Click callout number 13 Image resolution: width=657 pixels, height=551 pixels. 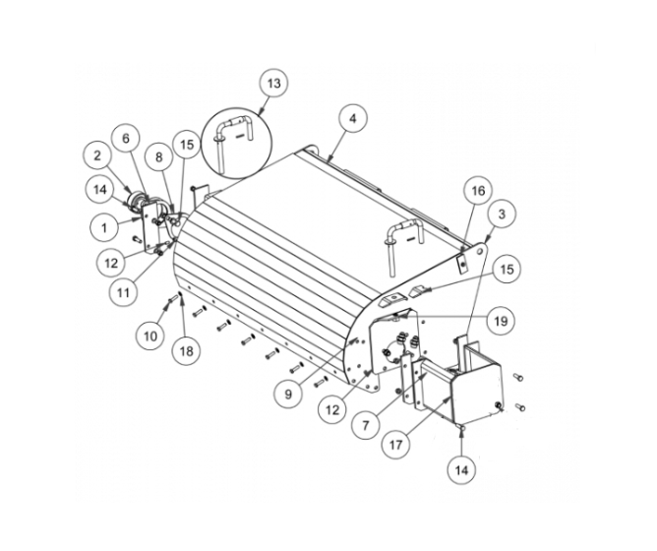pyautogui.click(x=274, y=84)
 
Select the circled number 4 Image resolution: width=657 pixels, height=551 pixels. pyautogui.click(x=351, y=117)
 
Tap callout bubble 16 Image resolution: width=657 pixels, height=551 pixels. pyautogui.click(x=476, y=190)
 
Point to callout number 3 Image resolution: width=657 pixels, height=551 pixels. pyautogui.click(x=502, y=214)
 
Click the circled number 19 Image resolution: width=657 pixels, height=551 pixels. pyautogui.click(x=501, y=320)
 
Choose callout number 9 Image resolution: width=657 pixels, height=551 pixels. pyautogui.click(x=288, y=394)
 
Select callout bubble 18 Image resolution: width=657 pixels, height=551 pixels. pyautogui.click(x=184, y=348)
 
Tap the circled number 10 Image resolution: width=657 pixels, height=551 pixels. pyautogui.click(x=149, y=336)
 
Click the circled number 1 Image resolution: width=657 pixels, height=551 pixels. pyautogui.click(x=103, y=226)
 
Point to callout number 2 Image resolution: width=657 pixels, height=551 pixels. pyautogui.click(x=97, y=154)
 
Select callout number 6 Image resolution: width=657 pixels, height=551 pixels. pyautogui.click(x=125, y=140)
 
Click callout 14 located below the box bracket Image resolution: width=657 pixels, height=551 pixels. pyautogui.click(x=461, y=469)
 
